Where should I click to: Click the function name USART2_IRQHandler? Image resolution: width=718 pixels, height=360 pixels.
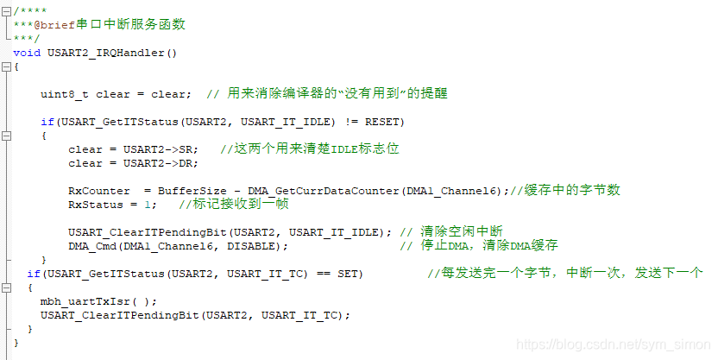tap(112, 53)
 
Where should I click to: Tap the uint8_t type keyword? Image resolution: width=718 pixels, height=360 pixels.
tap(65, 93)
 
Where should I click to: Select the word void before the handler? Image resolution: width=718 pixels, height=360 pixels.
tap(27, 53)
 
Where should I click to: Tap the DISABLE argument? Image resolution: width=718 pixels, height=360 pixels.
tap(257, 246)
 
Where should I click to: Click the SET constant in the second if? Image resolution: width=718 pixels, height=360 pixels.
tap(350, 274)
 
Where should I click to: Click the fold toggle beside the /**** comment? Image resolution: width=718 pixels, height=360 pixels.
tap(6, 10)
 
